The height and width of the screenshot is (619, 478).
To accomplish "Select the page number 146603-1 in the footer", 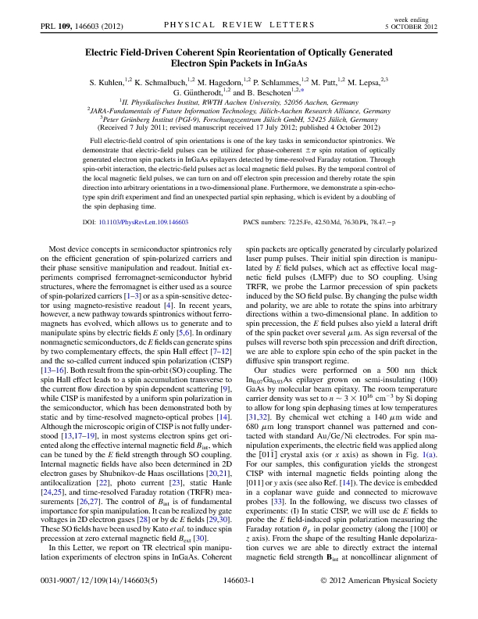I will point(240,603).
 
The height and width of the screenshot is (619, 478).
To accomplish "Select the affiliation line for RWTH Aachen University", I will point(239,102).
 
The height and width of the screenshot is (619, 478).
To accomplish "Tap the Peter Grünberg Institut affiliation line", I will point(239,120).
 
